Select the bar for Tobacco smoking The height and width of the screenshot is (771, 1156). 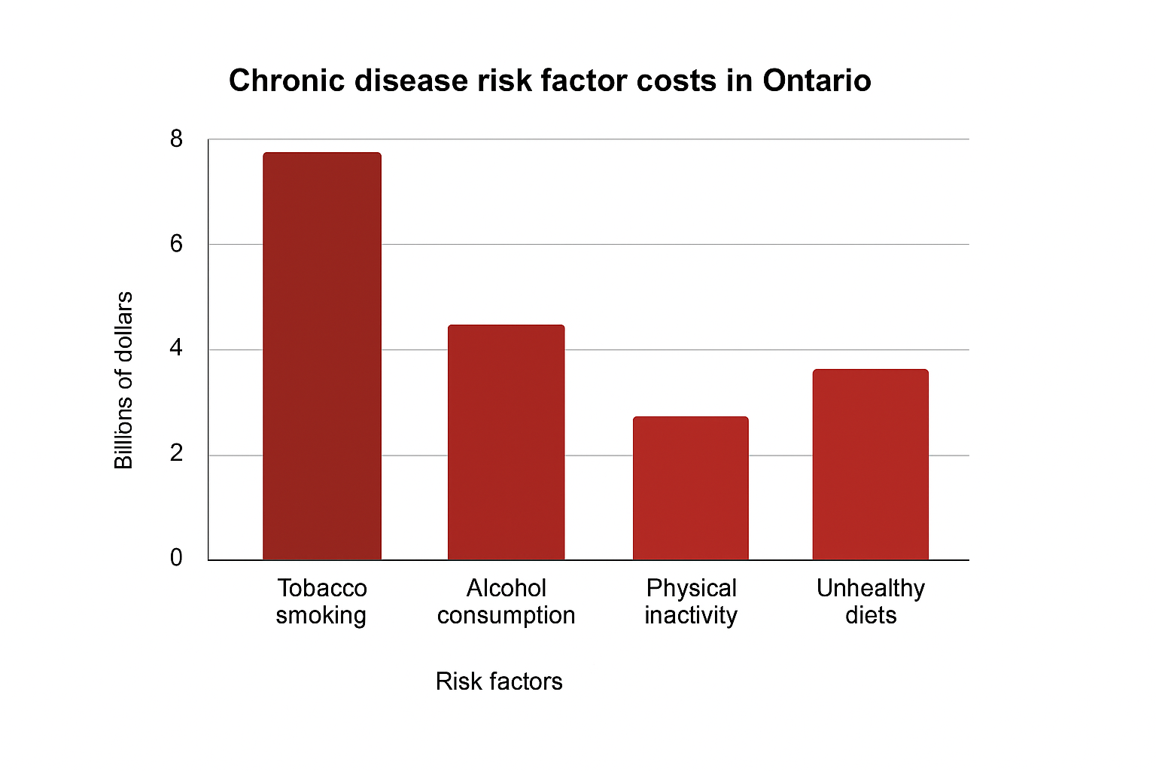click(322, 356)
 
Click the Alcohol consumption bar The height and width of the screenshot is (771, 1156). click(506, 443)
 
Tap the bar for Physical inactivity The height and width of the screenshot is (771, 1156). click(690, 489)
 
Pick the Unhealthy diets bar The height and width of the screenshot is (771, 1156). click(870, 465)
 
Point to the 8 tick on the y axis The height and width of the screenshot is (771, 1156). click(176, 139)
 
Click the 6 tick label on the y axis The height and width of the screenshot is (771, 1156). click(176, 244)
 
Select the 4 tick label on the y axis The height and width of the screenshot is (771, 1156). click(176, 349)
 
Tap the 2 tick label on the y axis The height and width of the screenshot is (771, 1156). click(176, 454)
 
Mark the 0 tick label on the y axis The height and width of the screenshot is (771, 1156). click(176, 558)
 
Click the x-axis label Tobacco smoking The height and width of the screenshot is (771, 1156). click(321, 602)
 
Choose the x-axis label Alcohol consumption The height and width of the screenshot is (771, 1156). click(506, 602)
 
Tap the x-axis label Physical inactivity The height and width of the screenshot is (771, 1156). click(691, 602)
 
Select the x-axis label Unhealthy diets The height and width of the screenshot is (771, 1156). click(871, 602)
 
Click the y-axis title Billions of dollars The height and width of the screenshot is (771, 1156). click(123, 380)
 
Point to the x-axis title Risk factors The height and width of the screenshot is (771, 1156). click(499, 681)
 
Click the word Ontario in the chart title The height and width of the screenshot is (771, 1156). click(817, 81)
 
